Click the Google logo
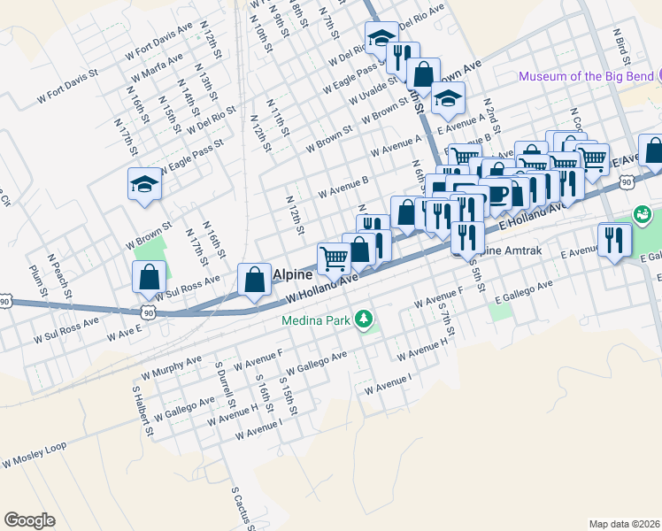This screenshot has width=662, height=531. [30, 519]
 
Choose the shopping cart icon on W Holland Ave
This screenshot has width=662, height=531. [334, 258]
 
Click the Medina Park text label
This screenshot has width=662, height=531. [317, 319]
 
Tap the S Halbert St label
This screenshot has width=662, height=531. [137, 403]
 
